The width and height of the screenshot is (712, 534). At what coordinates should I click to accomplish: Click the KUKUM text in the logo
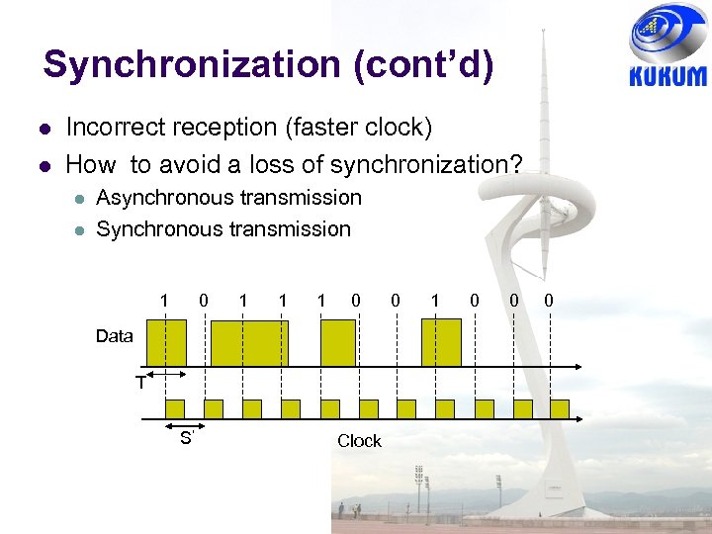(x=667, y=76)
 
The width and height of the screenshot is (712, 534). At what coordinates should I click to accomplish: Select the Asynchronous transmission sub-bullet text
(x=228, y=198)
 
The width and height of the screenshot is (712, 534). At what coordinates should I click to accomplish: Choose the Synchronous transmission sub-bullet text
(x=223, y=228)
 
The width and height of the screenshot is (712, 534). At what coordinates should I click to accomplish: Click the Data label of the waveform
(x=114, y=336)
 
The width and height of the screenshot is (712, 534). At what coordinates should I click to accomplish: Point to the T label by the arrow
(x=140, y=383)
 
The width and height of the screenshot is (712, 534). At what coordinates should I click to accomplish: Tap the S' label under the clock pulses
(x=186, y=438)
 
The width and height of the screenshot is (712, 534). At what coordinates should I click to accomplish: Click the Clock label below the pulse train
(x=359, y=441)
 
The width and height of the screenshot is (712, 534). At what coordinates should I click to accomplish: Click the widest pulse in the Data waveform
(x=250, y=343)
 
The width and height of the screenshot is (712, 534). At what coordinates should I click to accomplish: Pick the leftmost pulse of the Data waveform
(x=166, y=343)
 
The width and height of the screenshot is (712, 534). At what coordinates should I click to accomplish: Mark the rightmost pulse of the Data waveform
(x=441, y=343)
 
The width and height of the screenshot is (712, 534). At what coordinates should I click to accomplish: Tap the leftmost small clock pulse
(x=174, y=408)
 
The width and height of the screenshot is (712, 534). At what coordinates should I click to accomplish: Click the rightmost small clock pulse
(x=560, y=408)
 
